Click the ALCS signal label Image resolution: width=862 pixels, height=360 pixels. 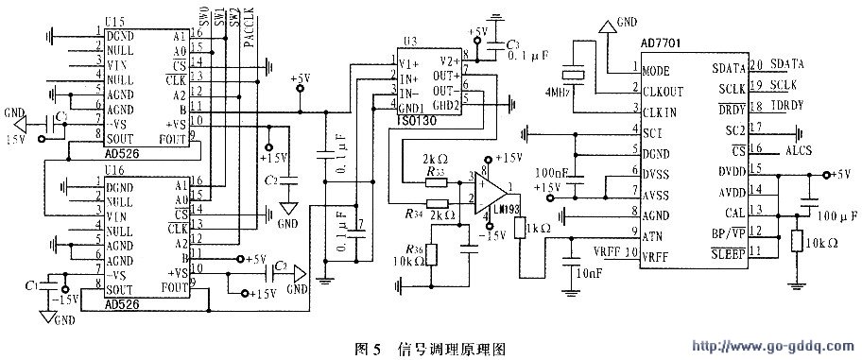coord(796,149)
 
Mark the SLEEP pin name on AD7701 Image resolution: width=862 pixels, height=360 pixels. coord(730,252)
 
